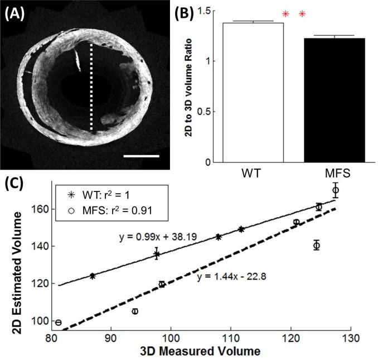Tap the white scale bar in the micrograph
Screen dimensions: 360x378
141,156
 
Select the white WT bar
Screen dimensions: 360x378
254,93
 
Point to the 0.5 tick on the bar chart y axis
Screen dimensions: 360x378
206,112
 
